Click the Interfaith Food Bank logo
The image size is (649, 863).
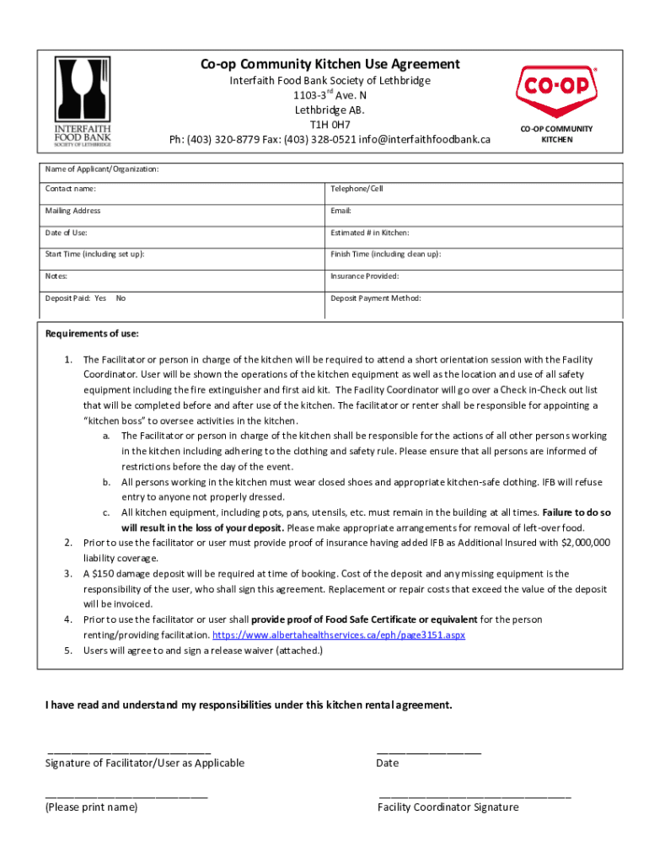[x=83, y=99]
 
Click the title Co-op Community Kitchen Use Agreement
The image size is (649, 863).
[x=330, y=64]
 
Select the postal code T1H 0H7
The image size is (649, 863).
[x=330, y=125]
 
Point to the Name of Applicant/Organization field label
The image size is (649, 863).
[x=102, y=169]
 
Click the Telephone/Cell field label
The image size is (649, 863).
[x=357, y=189]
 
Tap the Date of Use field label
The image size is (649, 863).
[x=67, y=233]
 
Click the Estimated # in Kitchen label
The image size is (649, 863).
[x=370, y=233]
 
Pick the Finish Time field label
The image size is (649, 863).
[x=385, y=255]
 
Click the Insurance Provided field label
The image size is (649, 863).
[x=365, y=276]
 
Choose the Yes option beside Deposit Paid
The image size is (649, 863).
[x=100, y=298]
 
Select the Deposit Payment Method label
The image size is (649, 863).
[x=376, y=298]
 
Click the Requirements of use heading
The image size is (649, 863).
[x=92, y=334]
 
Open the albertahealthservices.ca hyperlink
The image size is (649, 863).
[x=338, y=635]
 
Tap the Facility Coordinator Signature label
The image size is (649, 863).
[x=448, y=807]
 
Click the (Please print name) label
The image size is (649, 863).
[x=91, y=807]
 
